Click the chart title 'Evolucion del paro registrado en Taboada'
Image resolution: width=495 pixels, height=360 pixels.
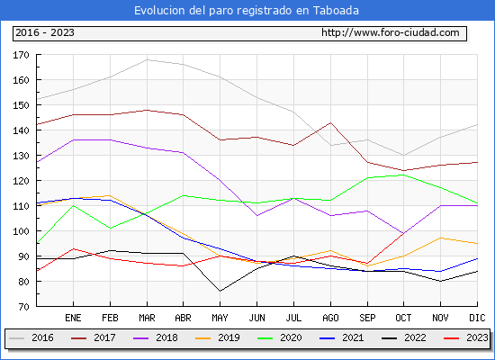point(247,11)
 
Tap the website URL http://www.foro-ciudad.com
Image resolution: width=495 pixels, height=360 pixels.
point(391,32)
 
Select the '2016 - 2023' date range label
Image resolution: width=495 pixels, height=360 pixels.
point(45,32)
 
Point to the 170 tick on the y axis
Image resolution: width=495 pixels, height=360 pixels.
point(21,55)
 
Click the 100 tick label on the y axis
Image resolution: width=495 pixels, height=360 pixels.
point(21,231)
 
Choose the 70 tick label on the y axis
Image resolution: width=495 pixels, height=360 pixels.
point(23,307)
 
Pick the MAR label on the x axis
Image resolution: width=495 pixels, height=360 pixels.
point(147,318)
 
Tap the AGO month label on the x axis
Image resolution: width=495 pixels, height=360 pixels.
point(330,318)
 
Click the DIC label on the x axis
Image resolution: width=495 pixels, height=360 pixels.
point(477,318)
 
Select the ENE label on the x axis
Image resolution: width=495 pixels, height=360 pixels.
point(73,318)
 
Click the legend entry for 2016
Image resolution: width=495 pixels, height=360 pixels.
point(31,337)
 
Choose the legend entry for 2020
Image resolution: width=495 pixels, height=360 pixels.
point(280,337)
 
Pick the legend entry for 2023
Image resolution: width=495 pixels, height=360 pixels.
point(466,337)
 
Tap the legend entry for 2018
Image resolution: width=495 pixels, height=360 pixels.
point(156,337)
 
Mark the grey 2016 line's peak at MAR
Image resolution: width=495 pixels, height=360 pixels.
point(147,59)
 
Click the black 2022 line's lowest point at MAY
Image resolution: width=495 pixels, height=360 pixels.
point(220,292)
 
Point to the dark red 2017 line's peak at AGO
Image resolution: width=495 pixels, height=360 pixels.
point(330,122)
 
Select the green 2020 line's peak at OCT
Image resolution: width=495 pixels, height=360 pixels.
point(404,175)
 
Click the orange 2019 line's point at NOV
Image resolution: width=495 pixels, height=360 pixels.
point(441,238)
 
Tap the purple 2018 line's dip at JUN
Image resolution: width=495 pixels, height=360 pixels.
point(257,216)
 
